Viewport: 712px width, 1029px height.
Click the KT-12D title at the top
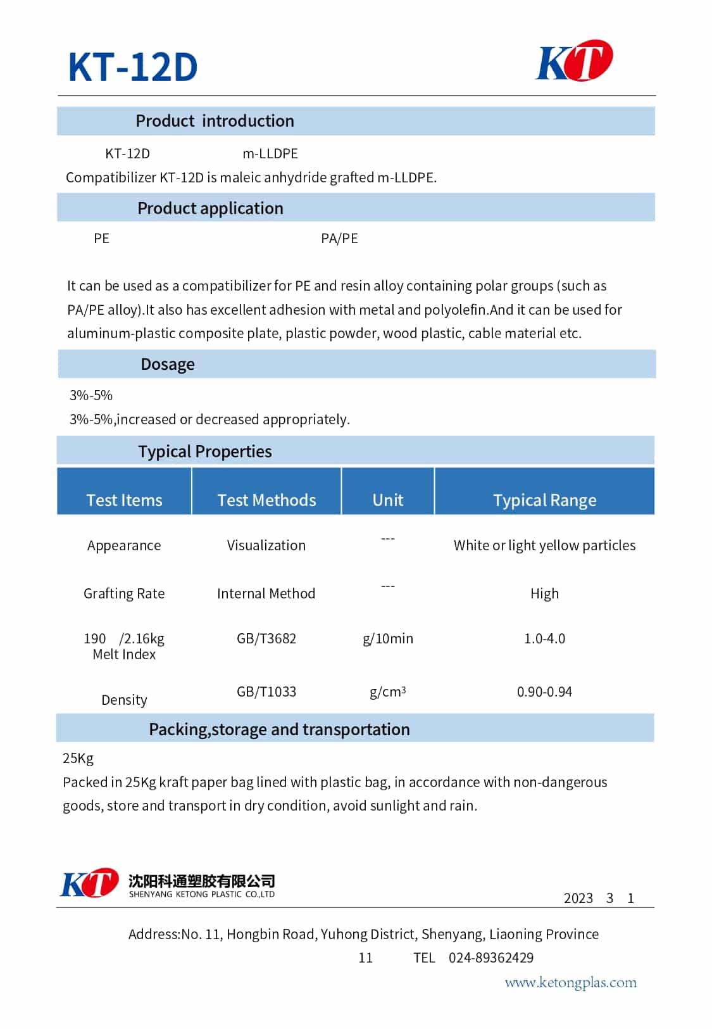pos(133,66)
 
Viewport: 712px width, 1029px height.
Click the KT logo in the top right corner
pos(574,61)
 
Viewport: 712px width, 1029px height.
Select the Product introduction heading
pos(215,121)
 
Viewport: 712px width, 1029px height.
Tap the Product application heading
pos(210,208)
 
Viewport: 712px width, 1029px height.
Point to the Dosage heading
pos(167,364)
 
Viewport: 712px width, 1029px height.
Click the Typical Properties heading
pos(204,451)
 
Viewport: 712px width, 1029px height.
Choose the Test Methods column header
pos(266,500)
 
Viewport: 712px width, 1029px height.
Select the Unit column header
pos(388,500)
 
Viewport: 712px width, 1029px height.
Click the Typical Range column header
pos(544,500)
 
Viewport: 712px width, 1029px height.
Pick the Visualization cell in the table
pos(266,545)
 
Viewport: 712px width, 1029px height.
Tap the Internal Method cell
pos(266,593)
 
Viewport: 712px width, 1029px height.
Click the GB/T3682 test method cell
pos(266,638)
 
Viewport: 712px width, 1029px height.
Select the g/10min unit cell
pos(388,638)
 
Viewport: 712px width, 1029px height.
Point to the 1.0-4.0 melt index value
pos(544,638)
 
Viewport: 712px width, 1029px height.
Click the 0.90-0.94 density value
pos(544,691)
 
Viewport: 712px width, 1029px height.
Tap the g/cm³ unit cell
pos(388,691)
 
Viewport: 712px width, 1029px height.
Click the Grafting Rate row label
pos(124,593)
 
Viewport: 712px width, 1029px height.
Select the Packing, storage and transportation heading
pos(279,729)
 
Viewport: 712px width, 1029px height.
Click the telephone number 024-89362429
pos(491,957)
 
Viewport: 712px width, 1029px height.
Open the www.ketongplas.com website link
pos(570,983)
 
